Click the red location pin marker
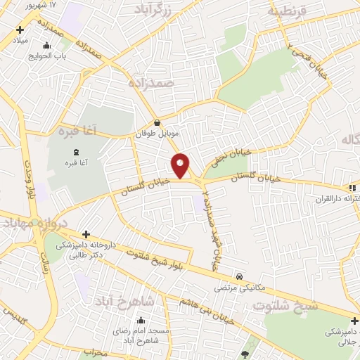[x=181, y=165]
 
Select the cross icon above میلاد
[x=20, y=30]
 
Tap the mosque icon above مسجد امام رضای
[x=141, y=321]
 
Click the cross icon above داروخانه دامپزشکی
[x=86, y=234]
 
